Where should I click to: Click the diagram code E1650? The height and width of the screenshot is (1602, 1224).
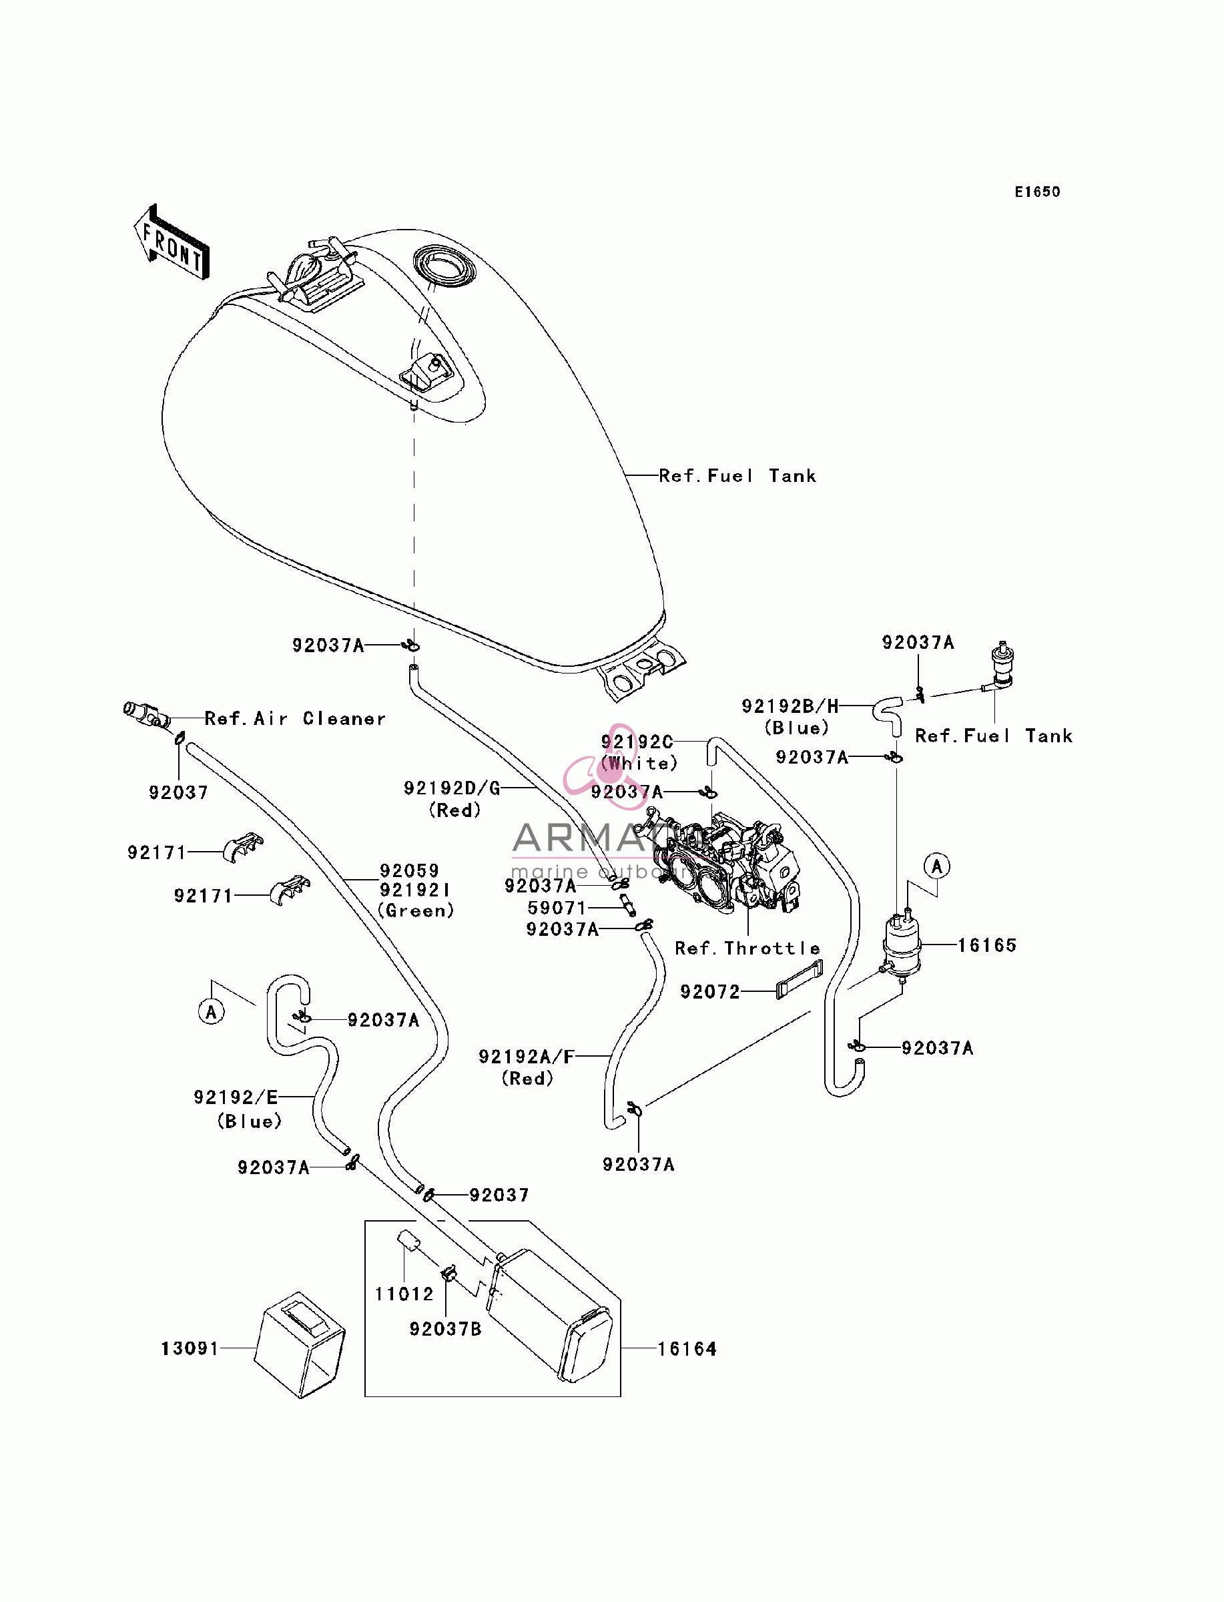[x=1038, y=192]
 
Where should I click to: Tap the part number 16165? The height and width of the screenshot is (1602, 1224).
[x=986, y=945]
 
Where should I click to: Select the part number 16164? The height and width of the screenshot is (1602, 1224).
[x=687, y=1348]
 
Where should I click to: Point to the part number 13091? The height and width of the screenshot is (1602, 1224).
[x=190, y=1348]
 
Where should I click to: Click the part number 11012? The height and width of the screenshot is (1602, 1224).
[x=404, y=1293]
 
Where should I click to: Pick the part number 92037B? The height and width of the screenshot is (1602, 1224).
[x=445, y=1328]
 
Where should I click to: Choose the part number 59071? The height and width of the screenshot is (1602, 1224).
[x=557, y=907]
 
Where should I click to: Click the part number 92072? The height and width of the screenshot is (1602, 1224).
[x=709, y=991]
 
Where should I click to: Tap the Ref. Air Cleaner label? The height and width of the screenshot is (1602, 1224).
[x=295, y=718]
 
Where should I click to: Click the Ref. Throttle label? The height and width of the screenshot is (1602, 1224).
[x=747, y=948]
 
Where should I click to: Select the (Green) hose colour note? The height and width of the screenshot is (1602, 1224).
[x=415, y=910]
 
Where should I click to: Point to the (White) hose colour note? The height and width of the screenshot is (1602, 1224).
[x=639, y=763]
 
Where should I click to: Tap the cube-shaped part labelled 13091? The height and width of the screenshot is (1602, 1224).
[x=300, y=1345]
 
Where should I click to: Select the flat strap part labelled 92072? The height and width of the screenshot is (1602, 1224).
[x=800, y=979]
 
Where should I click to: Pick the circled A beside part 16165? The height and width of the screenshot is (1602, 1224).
[x=937, y=866]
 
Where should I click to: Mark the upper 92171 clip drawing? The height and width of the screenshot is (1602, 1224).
[x=243, y=847]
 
